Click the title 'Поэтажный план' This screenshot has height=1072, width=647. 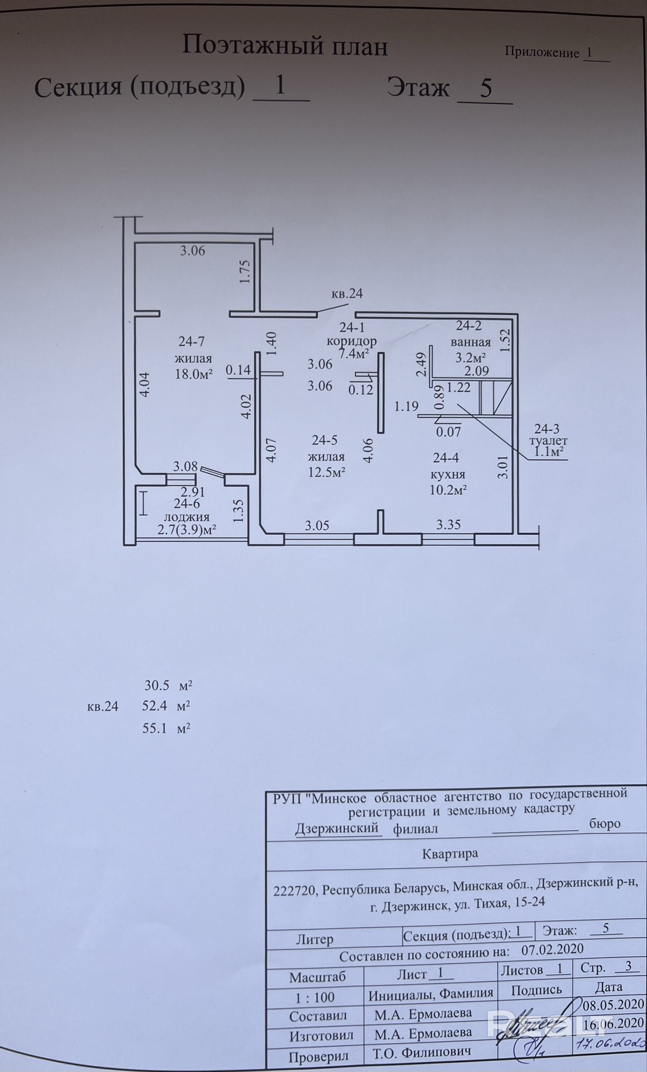[285, 46]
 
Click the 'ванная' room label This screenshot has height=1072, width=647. [471, 342]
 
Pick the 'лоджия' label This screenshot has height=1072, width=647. [186, 517]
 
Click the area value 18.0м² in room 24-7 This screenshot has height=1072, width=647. [194, 374]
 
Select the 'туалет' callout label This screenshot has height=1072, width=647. [547, 441]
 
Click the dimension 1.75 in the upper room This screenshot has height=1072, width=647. [246, 272]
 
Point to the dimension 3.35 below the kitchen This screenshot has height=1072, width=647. [448, 525]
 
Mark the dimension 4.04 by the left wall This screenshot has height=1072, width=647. [144, 385]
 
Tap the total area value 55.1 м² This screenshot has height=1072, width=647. [167, 728]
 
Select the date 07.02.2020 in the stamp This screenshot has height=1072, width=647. [552, 949]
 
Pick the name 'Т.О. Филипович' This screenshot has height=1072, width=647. [422, 1052]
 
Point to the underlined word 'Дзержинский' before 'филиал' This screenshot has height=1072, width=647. [337, 828]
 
